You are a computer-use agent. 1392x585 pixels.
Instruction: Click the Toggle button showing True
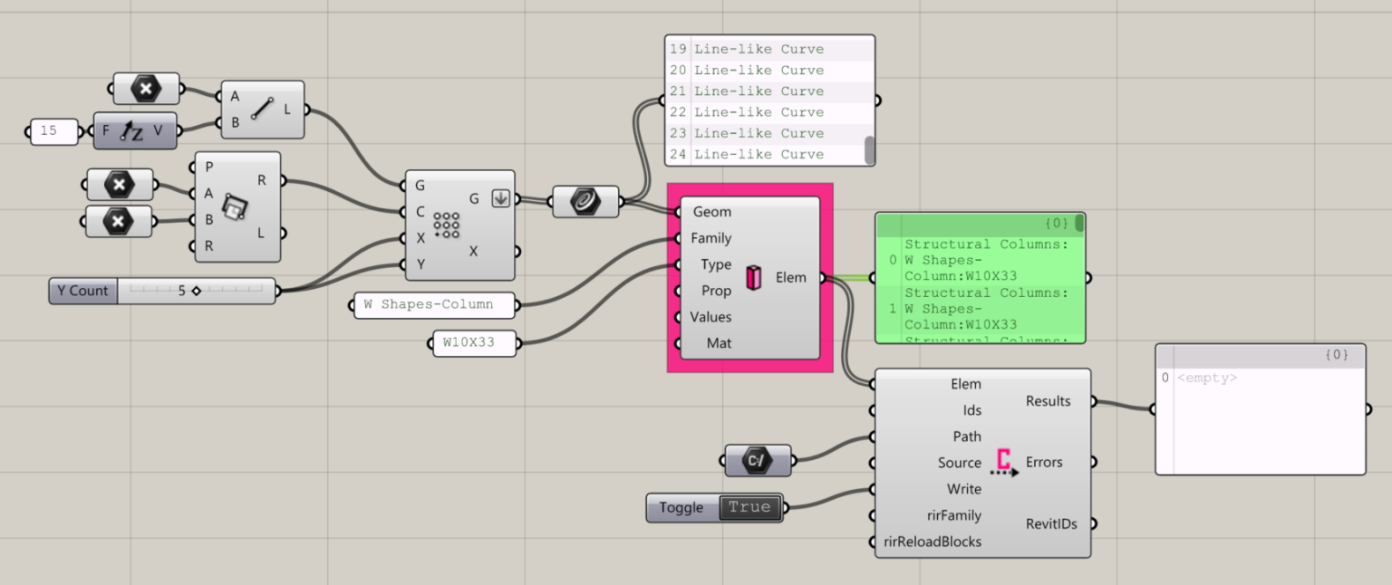[x=749, y=507]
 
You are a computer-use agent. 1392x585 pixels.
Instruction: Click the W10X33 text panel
[x=475, y=343]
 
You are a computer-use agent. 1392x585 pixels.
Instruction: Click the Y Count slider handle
[x=196, y=291]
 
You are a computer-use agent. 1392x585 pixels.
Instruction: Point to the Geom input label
[x=711, y=212]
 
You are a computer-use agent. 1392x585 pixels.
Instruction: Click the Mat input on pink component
[x=719, y=343]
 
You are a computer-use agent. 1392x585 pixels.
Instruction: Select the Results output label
[x=1048, y=401]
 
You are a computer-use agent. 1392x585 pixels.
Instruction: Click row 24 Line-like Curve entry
[x=759, y=154]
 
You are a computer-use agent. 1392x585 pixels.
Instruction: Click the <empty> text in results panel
[x=1208, y=378]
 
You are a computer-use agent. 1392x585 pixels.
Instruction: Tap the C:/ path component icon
[x=758, y=460]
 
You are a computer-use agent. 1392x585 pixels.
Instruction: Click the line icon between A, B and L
[x=263, y=110]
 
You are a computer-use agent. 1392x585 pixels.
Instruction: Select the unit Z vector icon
[x=133, y=131]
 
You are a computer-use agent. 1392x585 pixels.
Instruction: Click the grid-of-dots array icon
[x=446, y=224]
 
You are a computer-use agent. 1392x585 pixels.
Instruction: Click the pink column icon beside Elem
[x=752, y=278]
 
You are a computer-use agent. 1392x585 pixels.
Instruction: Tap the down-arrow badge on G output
[x=500, y=198]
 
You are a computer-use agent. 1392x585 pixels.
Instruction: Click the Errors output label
[x=1043, y=462]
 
